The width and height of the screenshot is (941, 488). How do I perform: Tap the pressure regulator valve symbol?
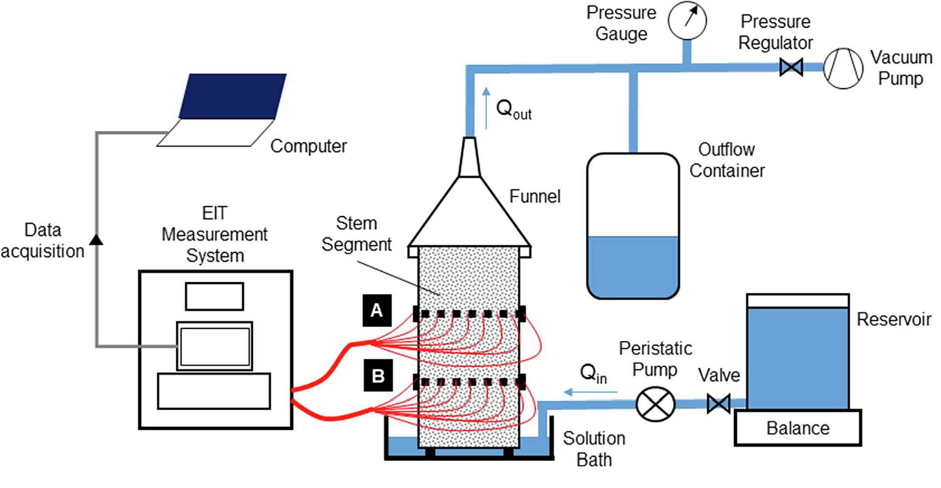click(x=791, y=67)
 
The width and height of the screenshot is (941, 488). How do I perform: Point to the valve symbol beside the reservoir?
click(x=718, y=405)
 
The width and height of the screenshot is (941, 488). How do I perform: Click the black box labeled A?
click(x=376, y=311)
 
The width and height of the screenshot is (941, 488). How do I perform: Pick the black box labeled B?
click(x=376, y=377)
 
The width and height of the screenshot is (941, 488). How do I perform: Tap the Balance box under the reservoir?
click(x=798, y=428)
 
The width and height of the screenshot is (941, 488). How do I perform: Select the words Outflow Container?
click(x=727, y=159)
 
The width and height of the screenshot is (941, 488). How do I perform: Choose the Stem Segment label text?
click(x=357, y=234)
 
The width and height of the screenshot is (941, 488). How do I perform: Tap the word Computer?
click(x=309, y=146)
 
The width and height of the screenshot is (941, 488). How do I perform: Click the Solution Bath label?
click(x=594, y=449)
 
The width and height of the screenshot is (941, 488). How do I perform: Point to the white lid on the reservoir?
click(x=797, y=300)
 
